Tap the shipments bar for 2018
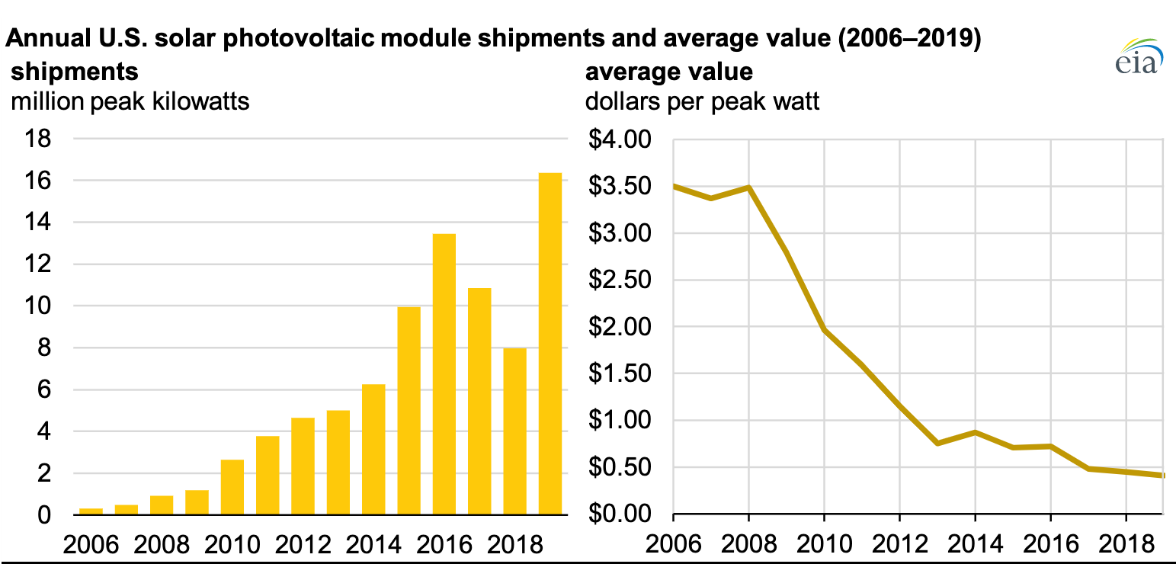coord(514,431)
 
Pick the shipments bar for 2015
coord(409,411)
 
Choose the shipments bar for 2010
coord(232,487)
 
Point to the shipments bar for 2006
coord(91,511)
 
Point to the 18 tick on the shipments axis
coord(38,139)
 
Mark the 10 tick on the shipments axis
coord(38,306)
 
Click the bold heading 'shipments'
coord(75,72)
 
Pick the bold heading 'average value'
coord(668,72)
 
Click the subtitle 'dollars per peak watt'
coord(702,101)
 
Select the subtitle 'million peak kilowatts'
coord(130,101)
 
